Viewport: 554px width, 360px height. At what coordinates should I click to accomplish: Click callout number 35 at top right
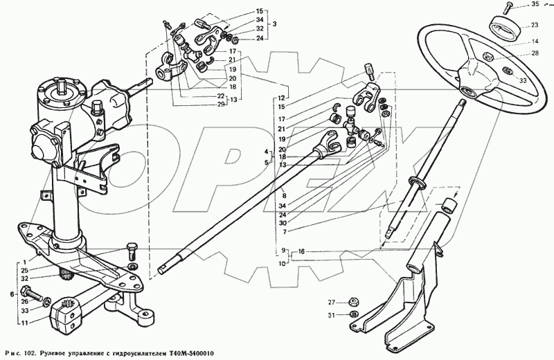coord(535,5)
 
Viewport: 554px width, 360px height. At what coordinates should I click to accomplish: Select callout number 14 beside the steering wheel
coord(535,42)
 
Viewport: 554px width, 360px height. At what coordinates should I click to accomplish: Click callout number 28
coord(535,54)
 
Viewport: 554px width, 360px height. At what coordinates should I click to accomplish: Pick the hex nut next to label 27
coord(352,302)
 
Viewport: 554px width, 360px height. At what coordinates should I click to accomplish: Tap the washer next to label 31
coord(352,314)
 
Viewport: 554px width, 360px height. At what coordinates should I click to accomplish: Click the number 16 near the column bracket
coord(301,251)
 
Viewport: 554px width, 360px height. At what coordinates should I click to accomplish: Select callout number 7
coord(285,232)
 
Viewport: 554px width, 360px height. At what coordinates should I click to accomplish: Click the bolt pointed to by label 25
coord(132,250)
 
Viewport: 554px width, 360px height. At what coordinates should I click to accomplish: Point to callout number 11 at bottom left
coord(25,323)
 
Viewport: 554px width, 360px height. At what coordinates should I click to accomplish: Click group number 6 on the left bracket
coord(12,294)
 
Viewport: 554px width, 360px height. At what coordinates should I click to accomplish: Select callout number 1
coord(25,262)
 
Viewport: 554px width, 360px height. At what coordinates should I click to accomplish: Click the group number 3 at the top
coord(274,24)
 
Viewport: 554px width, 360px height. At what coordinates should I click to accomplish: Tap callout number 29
coord(221,104)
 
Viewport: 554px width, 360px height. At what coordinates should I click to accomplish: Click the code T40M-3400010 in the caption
coord(193,354)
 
